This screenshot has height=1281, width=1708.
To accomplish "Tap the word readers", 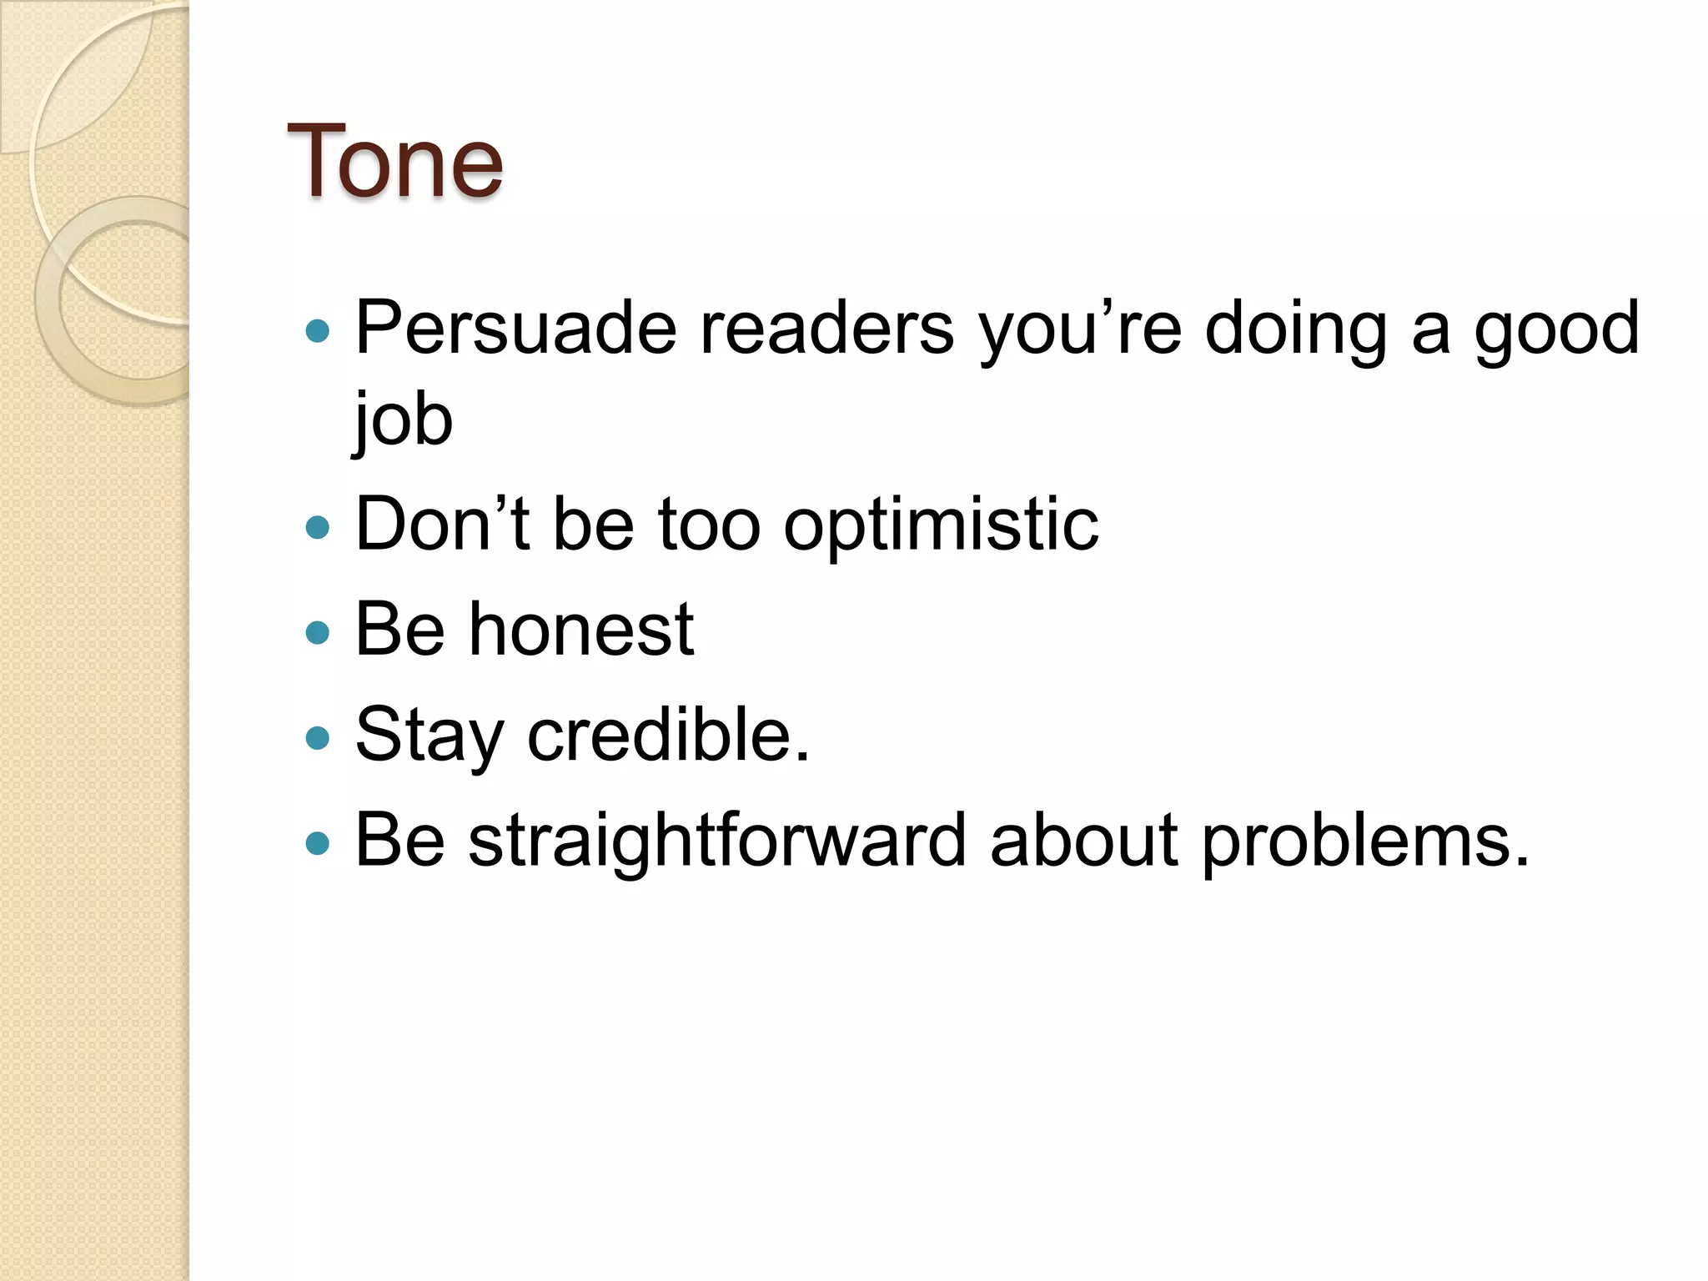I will (x=826, y=329).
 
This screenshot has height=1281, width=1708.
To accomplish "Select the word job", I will (x=402, y=419).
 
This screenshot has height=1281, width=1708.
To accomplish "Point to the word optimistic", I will (x=941, y=525).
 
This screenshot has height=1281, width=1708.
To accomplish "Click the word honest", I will (x=581, y=630).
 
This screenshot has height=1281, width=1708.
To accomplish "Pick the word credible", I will (x=668, y=736).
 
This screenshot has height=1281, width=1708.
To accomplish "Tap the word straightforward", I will (x=717, y=841).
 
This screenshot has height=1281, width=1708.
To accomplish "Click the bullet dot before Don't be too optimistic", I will (x=318, y=527).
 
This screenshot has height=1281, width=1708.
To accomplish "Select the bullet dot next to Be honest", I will (x=318, y=632).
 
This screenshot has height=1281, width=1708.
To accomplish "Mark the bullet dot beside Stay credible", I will (x=318, y=738).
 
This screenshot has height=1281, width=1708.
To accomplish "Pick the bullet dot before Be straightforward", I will (x=318, y=843).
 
